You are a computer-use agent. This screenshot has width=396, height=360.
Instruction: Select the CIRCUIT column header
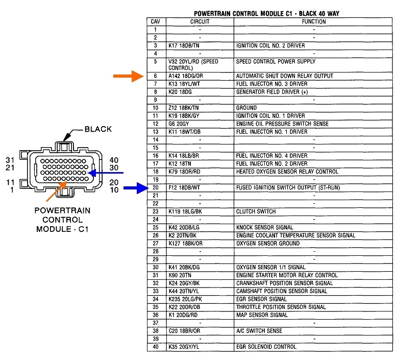coord(200,22)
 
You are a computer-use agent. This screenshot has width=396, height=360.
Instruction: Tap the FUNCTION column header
coord(313,22)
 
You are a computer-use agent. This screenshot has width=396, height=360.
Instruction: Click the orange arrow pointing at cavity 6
coord(129,76)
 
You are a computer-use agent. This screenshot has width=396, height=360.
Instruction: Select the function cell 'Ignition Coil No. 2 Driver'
coord(270,46)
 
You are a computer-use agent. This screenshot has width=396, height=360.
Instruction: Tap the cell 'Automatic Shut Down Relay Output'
coord(284,76)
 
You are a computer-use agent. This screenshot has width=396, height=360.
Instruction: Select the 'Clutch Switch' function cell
coord(256,211)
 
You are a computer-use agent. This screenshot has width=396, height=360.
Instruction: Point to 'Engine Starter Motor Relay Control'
coord(287,275)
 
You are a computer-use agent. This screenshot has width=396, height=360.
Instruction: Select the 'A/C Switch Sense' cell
coord(259,331)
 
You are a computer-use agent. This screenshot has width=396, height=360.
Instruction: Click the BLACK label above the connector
coord(98,129)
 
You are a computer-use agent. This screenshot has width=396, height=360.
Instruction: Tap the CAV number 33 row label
coord(155,291)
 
